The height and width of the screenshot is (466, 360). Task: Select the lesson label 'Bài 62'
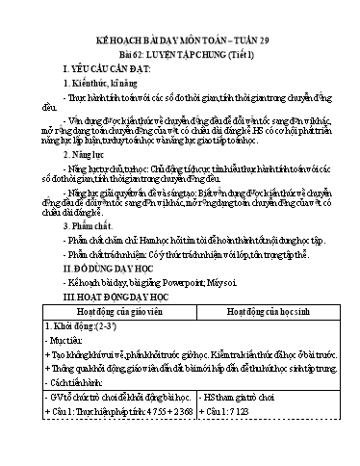coord(126,45)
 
